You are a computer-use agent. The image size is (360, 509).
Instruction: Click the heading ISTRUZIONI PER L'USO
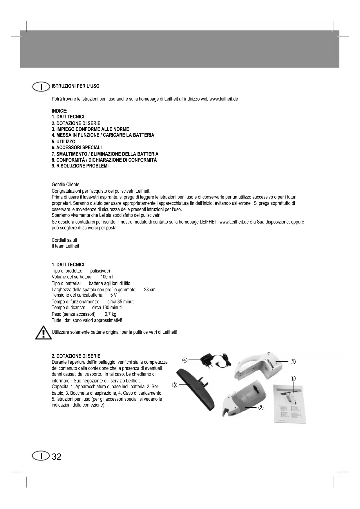[75, 86]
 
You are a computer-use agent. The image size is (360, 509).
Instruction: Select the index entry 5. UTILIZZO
[64, 142]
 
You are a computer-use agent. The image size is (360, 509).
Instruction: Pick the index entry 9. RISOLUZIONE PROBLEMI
[80, 166]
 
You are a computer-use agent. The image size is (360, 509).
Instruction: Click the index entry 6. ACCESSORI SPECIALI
[77, 148]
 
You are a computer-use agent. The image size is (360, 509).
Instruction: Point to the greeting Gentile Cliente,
[66, 185]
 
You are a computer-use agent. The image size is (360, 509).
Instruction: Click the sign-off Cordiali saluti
[64, 240]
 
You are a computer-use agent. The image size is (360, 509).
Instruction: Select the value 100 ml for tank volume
[107, 277]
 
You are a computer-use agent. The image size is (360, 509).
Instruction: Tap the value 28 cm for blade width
[149, 290]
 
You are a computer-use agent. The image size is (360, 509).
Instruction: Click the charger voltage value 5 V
[113, 295]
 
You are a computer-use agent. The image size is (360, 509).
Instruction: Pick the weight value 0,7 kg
[110, 314]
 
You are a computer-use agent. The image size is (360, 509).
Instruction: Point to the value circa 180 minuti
[107, 308]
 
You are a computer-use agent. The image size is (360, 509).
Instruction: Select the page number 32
[57, 457]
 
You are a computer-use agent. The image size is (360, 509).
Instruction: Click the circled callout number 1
[293, 362]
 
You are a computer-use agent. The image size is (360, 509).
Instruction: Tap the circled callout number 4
[185, 360]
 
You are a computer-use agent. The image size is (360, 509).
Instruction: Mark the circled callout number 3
[174, 385]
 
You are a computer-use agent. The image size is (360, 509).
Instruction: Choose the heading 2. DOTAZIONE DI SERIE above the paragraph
[76, 356]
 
